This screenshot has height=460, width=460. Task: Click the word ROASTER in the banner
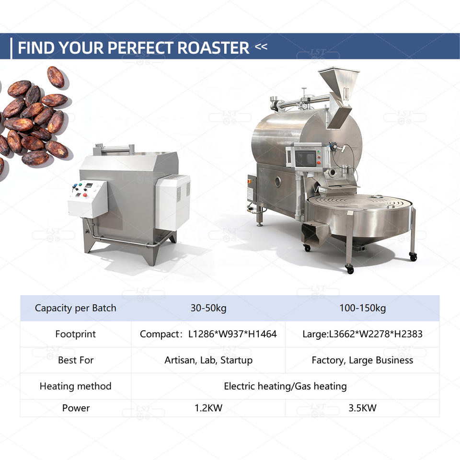[x=213, y=47]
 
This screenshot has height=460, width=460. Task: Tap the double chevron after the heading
[x=261, y=46]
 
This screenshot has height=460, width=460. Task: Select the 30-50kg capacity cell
[x=208, y=308]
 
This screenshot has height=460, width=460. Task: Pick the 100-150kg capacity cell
[x=362, y=308]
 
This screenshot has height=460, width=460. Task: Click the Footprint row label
[x=75, y=334]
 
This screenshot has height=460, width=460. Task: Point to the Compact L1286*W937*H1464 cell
[x=208, y=334]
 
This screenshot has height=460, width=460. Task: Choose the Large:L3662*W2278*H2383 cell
[x=362, y=334]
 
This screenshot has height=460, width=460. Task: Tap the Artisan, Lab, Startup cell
[x=208, y=360]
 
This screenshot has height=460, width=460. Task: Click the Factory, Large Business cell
[x=362, y=360]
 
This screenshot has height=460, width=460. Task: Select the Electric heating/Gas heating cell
[x=285, y=386]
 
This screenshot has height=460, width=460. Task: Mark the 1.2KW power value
[x=208, y=408]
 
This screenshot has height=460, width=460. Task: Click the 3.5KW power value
[x=362, y=408]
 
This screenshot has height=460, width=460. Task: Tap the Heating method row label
[x=75, y=386]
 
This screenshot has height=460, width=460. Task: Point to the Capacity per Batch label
[x=75, y=308]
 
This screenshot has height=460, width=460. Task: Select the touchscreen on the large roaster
[x=305, y=159]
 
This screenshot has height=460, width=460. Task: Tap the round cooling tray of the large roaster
[x=360, y=216]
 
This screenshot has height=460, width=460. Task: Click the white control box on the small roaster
[x=88, y=199]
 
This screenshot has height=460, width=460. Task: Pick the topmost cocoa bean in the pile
[x=56, y=77]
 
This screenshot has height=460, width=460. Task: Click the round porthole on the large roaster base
[x=277, y=182]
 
